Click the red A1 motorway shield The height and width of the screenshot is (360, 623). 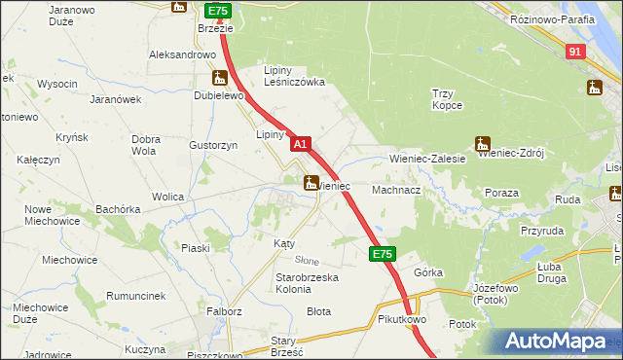301,144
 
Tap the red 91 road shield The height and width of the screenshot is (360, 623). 575,52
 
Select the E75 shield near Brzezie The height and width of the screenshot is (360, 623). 217,11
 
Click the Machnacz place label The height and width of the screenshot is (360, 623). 395,191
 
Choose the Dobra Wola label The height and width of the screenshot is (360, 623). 145,145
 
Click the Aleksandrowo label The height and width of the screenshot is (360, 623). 181,54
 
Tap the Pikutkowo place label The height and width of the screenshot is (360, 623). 402,319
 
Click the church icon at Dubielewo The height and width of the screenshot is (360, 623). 221,78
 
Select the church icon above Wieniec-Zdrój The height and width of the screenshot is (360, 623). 481,141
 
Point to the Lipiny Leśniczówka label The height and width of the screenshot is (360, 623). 294,76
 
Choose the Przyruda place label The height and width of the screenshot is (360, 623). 542,232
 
